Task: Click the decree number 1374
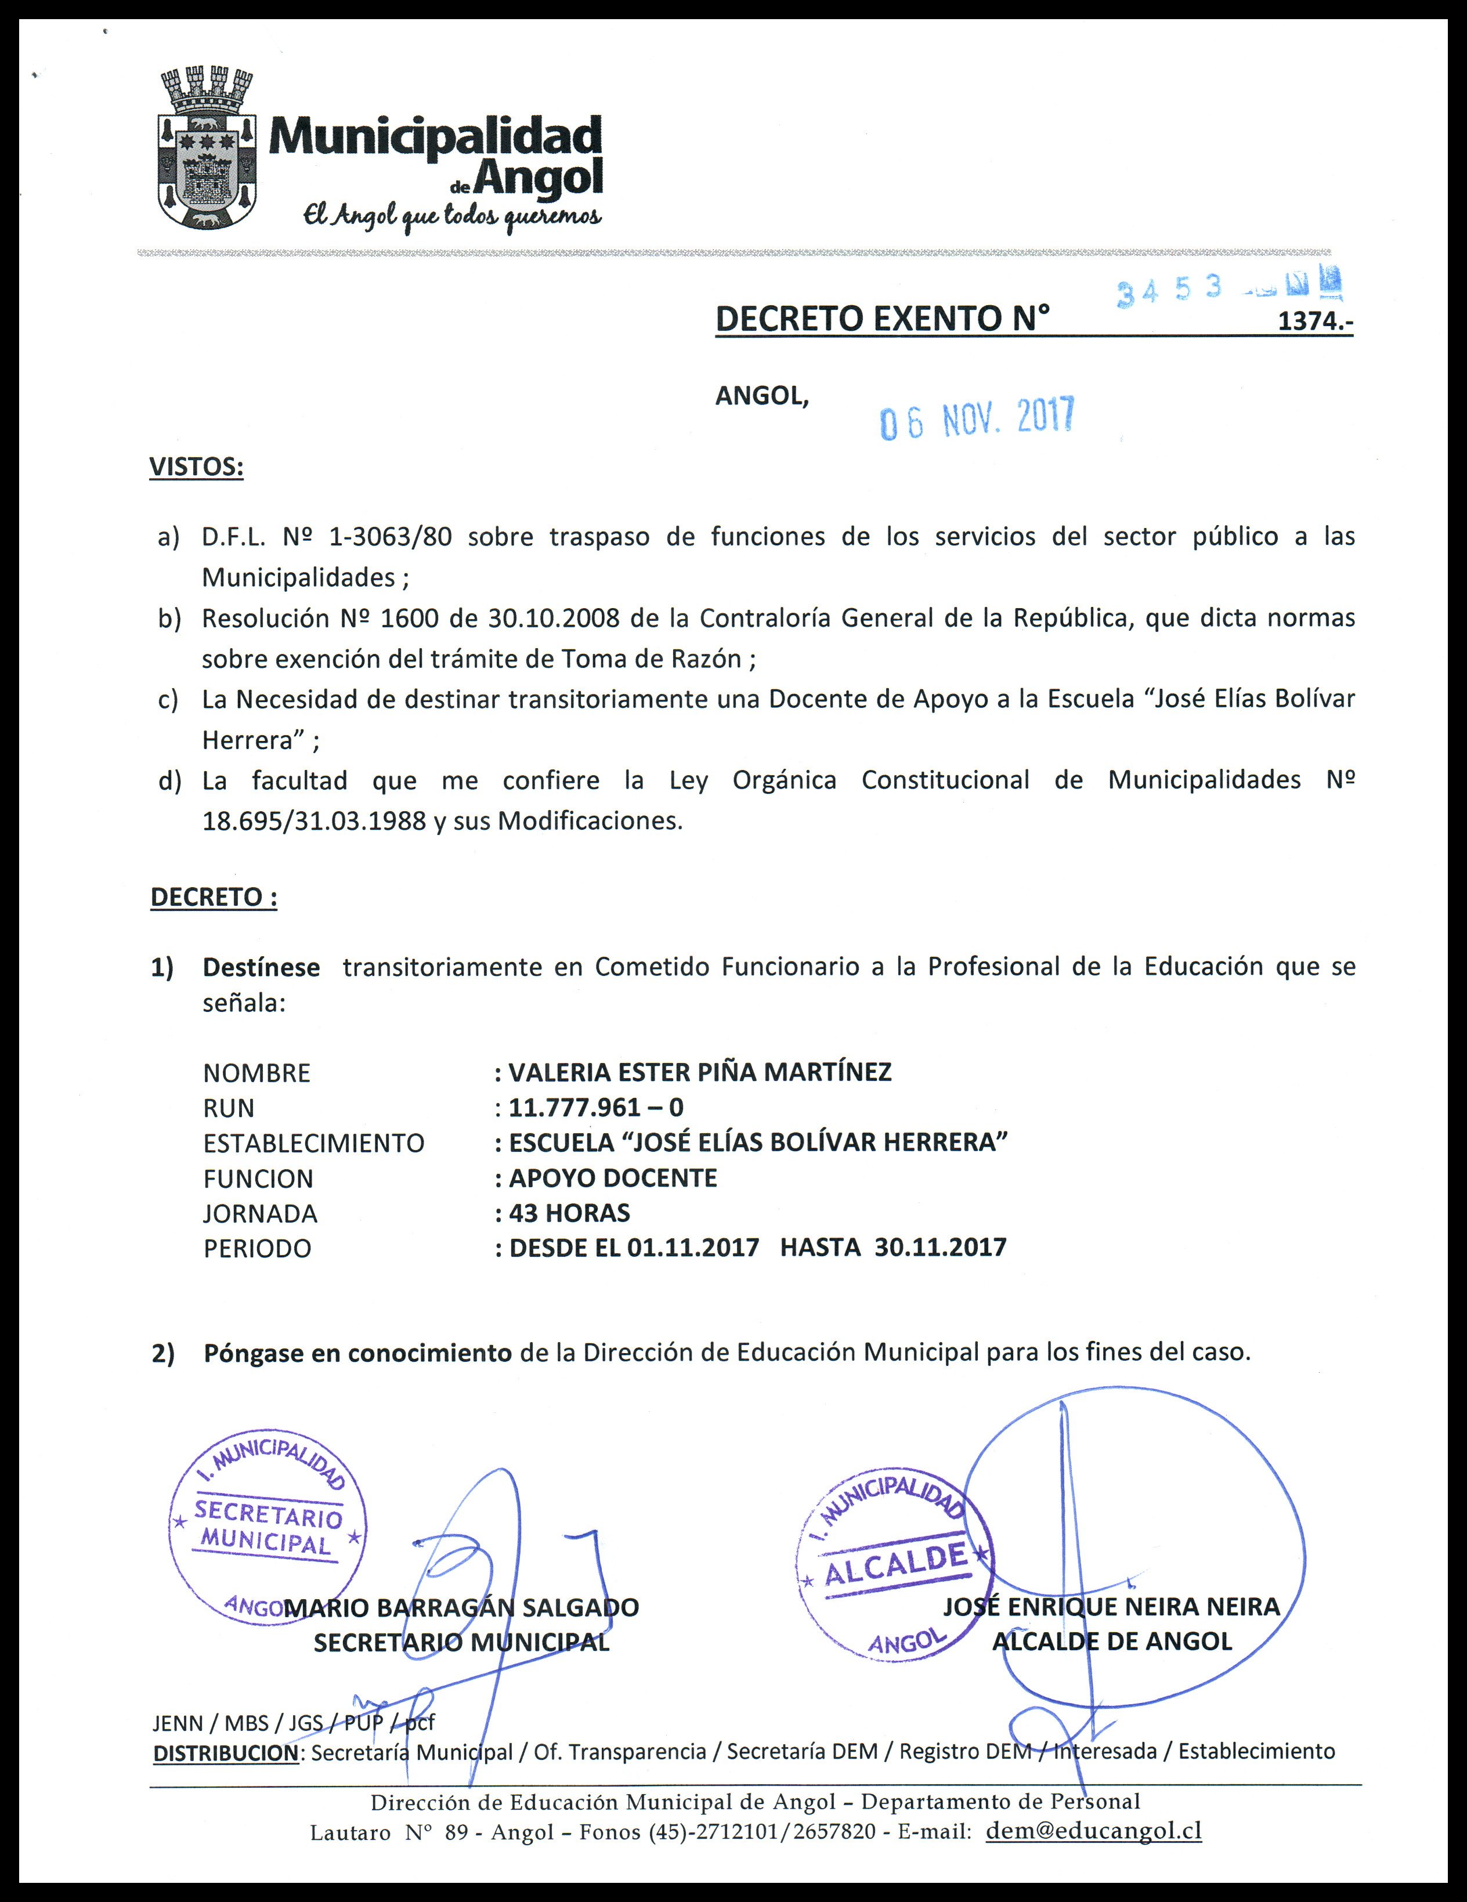(1314, 321)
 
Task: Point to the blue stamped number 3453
(1169, 291)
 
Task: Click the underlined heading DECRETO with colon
(214, 897)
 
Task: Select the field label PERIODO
(257, 1248)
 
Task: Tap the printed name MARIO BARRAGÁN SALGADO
(462, 1608)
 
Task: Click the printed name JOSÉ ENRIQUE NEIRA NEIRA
(1111, 1607)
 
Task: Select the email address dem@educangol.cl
(1093, 1831)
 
